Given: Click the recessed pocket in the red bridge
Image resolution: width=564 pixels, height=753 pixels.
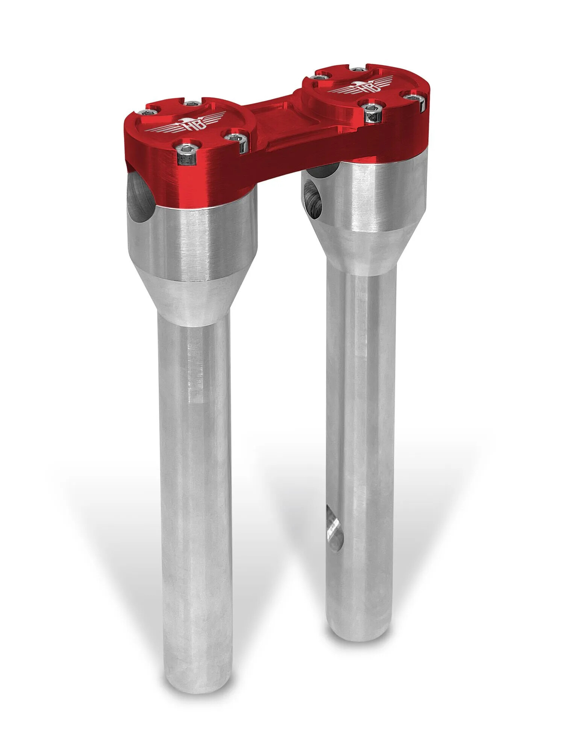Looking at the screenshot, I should pyautogui.click(x=280, y=124).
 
